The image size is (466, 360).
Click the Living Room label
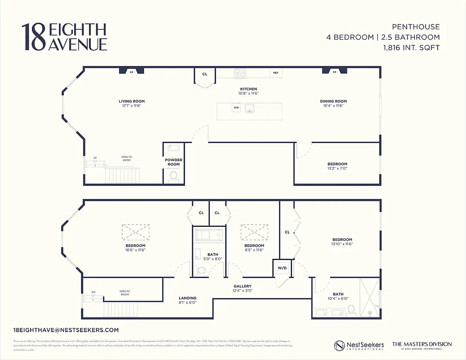pos(132,101)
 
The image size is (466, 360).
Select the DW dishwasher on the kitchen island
pos(236,108)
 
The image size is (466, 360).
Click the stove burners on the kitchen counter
pos(240,73)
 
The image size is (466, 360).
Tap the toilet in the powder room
pos(173,178)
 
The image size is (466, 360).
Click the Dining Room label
pos(333,101)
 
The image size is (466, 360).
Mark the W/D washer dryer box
pos(282,268)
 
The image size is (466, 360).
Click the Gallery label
pos(242,286)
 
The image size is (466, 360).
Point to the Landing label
pos(187,298)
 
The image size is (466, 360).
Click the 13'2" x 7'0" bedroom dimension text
pos(337,168)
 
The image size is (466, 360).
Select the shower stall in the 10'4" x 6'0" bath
pos(369,297)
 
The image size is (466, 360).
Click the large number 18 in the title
pos(34,37)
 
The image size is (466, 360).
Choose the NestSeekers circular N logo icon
pos(340,346)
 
